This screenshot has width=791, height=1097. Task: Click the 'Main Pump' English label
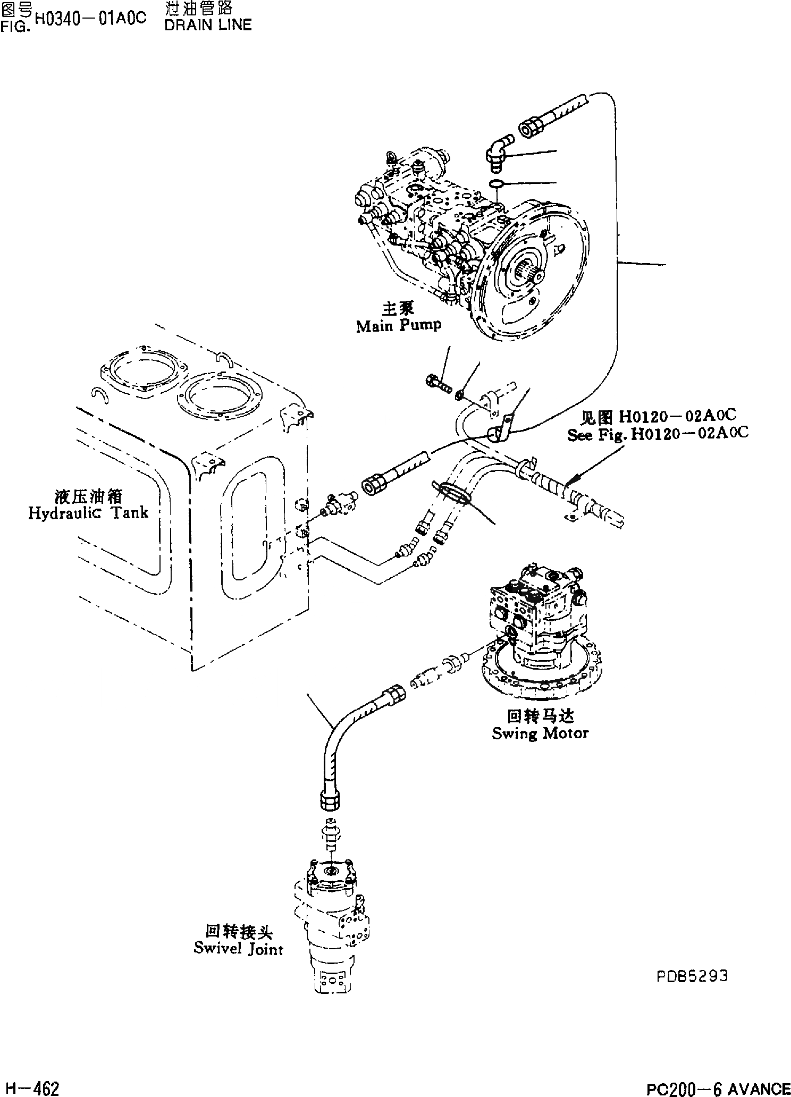398,326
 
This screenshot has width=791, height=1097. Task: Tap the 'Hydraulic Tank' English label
88,513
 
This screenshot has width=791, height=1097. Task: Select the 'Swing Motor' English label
540,733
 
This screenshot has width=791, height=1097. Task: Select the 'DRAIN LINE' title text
208,25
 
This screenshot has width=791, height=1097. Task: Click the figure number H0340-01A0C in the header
90,19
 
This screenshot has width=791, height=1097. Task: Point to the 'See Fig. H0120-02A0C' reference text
658,434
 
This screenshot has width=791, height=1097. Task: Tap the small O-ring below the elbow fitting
496,184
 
